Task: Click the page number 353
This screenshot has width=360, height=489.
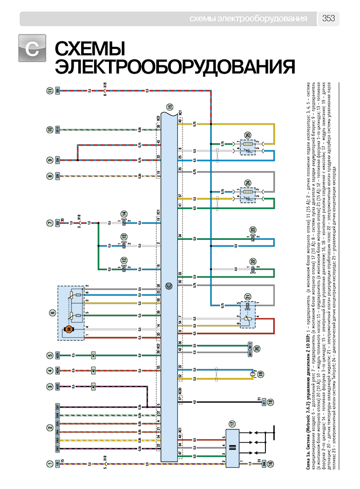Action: point(329,19)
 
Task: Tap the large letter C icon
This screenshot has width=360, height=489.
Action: point(32,49)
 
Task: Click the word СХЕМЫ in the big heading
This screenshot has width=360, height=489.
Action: point(90,50)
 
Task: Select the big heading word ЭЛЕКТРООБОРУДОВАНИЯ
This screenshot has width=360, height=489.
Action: point(175,67)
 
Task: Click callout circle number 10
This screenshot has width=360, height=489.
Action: point(50,129)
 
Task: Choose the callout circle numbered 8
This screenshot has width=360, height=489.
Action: point(50,176)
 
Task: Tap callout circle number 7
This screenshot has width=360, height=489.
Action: point(50,223)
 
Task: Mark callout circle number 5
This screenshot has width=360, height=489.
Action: point(50,354)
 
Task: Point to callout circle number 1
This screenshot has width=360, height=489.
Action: point(50,464)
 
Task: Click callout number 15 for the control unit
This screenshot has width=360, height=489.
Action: point(170,107)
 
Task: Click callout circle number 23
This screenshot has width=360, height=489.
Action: point(253,230)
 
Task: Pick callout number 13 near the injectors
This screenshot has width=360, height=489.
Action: point(124,237)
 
